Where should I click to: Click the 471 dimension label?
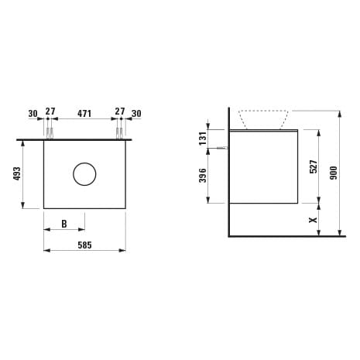click(84, 113)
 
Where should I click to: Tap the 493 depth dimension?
click(17, 173)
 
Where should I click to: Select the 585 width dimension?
click(84, 245)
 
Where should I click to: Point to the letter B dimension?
click(64, 224)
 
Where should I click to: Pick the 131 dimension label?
click(203, 139)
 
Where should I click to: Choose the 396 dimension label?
click(203, 176)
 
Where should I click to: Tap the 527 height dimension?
click(314, 166)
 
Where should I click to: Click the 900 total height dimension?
click(334, 173)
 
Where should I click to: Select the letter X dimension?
click(314, 220)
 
